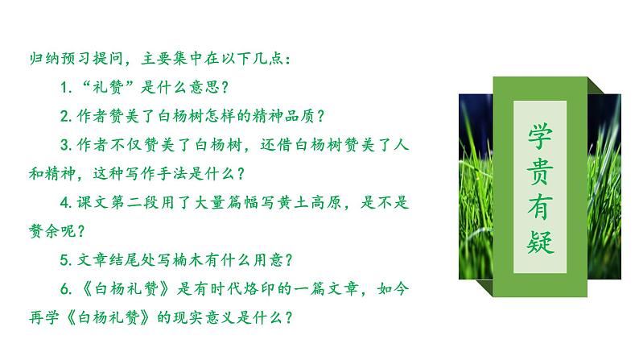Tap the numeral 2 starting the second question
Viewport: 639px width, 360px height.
click(64, 116)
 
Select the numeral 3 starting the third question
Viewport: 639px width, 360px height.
click(64, 144)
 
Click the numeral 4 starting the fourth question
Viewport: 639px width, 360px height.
click(64, 202)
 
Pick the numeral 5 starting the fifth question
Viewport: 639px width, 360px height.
click(64, 259)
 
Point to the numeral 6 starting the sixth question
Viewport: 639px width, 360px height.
click(64, 288)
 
